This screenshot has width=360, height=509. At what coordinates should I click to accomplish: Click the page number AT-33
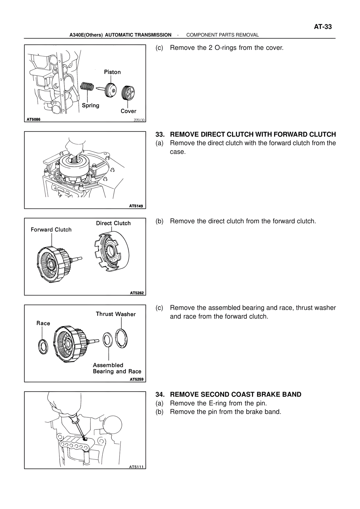pyautogui.click(x=323, y=27)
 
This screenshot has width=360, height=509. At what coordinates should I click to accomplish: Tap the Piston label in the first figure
pyautogui.click(x=112, y=72)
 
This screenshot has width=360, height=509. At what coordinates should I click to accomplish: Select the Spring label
pyautogui.click(x=91, y=105)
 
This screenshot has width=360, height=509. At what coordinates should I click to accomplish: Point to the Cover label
pyautogui.click(x=128, y=111)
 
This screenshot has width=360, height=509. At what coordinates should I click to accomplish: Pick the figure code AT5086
pyautogui.click(x=33, y=119)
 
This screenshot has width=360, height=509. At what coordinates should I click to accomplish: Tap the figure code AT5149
pyautogui.click(x=136, y=206)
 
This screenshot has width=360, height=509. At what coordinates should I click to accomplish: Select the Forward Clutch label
pyautogui.click(x=51, y=230)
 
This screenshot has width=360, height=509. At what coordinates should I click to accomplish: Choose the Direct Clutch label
pyautogui.click(x=113, y=223)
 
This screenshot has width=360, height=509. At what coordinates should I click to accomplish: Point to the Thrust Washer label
pyautogui.click(x=116, y=314)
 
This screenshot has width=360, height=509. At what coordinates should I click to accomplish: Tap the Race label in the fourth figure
pyautogui.click(x=43, y=323)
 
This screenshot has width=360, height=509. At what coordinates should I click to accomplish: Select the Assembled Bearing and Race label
pyautogui.click(x=117, y=368)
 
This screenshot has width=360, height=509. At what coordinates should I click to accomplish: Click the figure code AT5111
pyautogui.click(x=136, y=467)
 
